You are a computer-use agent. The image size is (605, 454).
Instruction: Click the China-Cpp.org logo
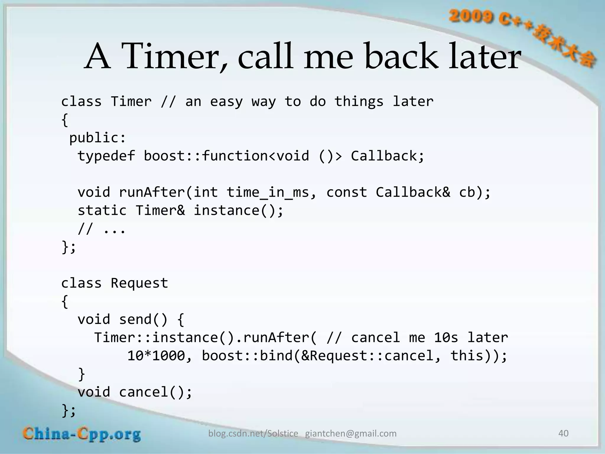tap(82, 434)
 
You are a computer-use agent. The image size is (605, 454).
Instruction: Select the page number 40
tap(563, 433)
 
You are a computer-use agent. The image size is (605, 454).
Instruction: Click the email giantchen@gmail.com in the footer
tap(351, 434)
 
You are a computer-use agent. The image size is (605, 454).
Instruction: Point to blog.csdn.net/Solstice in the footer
tap(253, 434)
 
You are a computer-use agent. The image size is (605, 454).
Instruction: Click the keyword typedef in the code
tap(106, 156)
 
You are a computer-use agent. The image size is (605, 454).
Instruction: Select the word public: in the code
tap(97, 138)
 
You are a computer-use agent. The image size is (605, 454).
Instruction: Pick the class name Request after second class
tap(139, 283)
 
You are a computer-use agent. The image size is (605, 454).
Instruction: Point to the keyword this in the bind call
tap(467, 356)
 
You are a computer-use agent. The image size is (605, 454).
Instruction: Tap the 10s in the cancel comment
tap(446, 338)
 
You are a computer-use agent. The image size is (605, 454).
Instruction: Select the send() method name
tap(143, 320)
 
